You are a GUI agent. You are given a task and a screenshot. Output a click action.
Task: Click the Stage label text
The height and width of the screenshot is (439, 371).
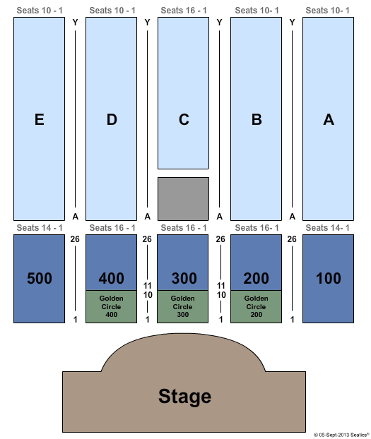coord(184,397)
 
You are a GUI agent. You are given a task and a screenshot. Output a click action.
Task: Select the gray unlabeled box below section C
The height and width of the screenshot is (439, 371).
coord(183,199)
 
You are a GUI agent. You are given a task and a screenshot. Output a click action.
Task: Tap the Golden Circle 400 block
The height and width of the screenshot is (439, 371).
coord(112,306)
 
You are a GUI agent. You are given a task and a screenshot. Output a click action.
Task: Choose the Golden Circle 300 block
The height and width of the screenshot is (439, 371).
coord(182,306)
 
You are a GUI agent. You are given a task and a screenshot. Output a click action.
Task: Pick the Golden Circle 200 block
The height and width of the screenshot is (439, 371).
coord(256,306)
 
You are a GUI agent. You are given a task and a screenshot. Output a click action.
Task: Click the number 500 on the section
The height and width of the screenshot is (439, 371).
coord(40,278)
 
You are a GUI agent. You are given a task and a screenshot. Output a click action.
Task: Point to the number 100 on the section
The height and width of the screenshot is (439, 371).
coord(329,278)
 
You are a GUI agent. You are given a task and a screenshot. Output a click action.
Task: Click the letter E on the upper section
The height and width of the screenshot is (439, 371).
coord(40,119)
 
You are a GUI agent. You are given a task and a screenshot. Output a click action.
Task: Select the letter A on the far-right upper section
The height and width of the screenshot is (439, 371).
coord(329,119)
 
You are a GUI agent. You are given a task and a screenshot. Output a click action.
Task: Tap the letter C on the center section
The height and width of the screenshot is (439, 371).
coord(184,119)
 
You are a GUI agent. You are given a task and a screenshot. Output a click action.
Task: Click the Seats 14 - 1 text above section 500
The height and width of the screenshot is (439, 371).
coord(40,228)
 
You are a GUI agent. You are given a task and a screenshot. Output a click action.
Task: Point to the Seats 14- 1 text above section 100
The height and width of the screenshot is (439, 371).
coord(327,228)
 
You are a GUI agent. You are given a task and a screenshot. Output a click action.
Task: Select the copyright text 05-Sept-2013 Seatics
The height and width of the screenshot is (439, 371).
coord(341,435)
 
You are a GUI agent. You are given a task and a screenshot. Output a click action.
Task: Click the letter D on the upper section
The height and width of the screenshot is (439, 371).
coord(112,119)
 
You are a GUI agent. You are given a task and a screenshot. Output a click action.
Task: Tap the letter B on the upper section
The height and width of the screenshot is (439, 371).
coord(257,119)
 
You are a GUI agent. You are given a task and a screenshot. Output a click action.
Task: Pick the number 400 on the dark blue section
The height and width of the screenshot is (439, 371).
coord(112,278)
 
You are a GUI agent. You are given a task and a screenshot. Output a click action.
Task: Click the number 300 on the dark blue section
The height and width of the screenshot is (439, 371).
coord(184,278)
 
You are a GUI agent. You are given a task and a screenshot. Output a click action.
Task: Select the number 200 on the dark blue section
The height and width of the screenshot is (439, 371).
coord(256,278)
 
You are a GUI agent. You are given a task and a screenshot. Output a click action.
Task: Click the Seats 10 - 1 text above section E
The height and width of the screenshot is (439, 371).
coord(40,11)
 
